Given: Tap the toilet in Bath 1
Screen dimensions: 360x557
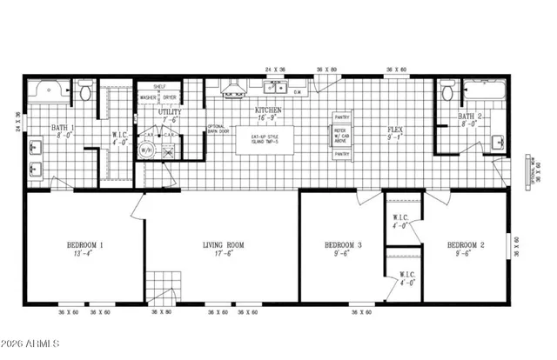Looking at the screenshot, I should click(85, 90).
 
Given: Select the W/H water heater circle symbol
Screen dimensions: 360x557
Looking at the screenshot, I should click(148, 150).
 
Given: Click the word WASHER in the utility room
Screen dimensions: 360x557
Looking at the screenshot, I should click(148, 97).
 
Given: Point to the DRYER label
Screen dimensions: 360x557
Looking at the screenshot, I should click(170, 97).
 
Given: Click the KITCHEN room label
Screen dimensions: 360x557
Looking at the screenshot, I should click(266, 111).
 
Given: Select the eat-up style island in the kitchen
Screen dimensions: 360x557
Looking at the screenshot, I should click(264, 139).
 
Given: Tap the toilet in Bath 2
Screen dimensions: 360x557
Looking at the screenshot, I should click(447, 90).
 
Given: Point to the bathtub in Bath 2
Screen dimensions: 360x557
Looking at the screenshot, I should click(486, 90).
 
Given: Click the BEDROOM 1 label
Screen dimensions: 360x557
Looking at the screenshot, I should click(85, 246).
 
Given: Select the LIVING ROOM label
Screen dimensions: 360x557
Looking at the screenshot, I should click(223, 246).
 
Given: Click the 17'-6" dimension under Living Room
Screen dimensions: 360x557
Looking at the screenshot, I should click(223, 256).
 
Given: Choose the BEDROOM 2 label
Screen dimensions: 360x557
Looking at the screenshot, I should click(466, 246).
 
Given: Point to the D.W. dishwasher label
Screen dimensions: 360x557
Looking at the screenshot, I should click(297, 90).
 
